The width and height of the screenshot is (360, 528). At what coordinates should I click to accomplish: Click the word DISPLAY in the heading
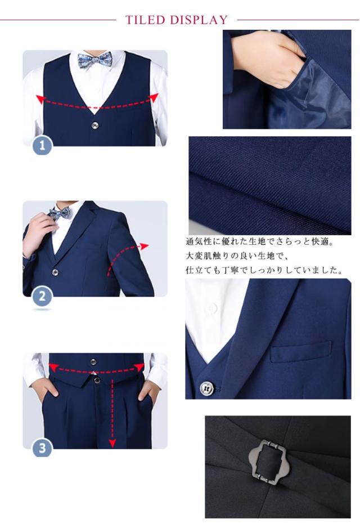[x=199, y=20]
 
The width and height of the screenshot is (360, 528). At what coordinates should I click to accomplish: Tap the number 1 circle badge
[x=42, y=145]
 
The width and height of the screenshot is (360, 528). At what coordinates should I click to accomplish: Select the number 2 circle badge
[x=42, y=296]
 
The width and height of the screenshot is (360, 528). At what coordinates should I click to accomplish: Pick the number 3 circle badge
[x=42, y=448]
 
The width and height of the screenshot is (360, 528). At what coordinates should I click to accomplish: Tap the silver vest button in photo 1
[x=95, y=126]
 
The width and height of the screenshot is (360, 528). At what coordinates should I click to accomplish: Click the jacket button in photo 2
[x=55, y=272]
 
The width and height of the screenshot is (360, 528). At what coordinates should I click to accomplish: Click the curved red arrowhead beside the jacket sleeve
[x=144, y=246]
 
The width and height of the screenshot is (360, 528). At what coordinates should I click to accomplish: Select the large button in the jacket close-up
[x=206, y=388]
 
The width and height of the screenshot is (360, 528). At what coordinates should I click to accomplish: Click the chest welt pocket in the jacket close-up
[x=301, y=351]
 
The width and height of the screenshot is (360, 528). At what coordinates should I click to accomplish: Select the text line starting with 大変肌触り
[x=237, y=256]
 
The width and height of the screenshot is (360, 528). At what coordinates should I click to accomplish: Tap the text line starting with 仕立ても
[x=264, y=270]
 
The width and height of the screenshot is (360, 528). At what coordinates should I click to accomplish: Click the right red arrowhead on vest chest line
[x=154, y=97]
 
